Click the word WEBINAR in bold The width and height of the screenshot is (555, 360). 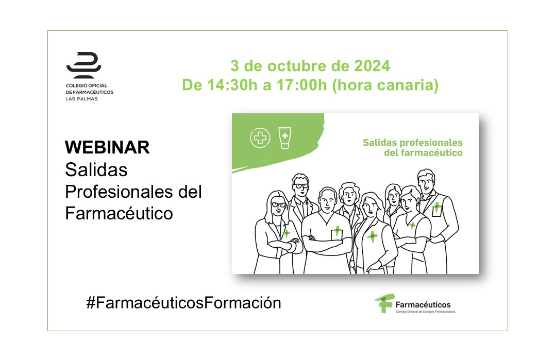107,147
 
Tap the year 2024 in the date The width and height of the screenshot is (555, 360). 372,66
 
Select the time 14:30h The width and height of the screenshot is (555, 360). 232,85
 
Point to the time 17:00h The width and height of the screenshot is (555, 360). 301,85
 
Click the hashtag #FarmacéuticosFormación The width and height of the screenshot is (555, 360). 183,303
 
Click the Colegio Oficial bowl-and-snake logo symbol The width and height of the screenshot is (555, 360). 84,65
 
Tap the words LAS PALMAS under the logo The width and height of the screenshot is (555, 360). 81,99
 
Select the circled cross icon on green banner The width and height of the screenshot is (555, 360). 260,138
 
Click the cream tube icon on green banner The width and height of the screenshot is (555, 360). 285,138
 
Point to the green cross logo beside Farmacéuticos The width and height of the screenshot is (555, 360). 384,303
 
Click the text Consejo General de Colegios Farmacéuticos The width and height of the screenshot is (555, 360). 426,312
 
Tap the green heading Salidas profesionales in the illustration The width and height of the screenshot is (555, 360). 413,143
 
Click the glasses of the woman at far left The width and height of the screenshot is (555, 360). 279,204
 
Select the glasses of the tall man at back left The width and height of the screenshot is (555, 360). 301,185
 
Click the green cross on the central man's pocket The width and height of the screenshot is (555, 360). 337,231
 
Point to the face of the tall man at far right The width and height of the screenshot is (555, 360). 426,183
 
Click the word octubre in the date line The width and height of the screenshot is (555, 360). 297,66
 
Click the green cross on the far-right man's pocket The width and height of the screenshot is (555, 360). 437,207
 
